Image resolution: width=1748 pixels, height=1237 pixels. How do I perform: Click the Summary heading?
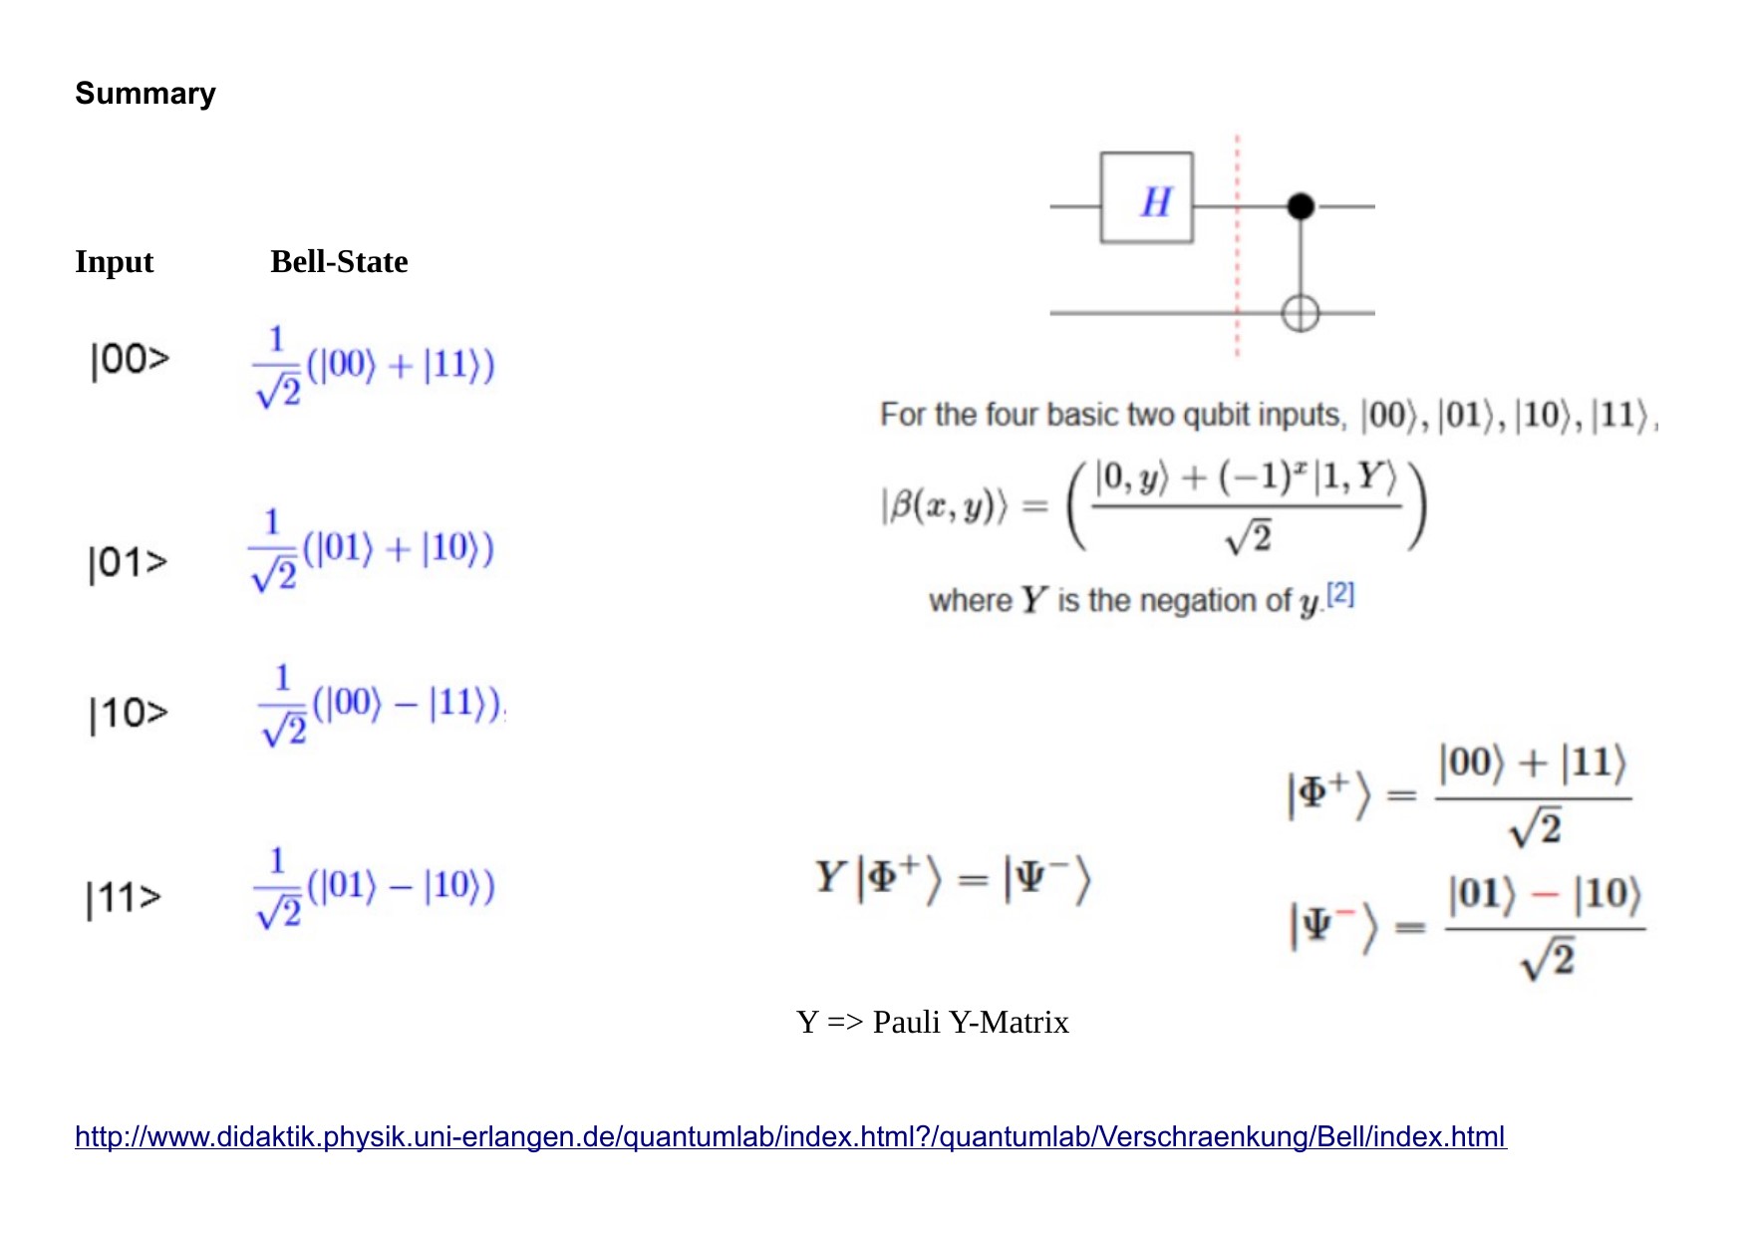pos(146,94)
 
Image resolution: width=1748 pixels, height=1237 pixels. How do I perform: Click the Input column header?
pos(115,262)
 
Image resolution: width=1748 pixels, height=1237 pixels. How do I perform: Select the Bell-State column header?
pos(339,262)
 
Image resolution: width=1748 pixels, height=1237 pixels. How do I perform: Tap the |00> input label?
pos(130,360)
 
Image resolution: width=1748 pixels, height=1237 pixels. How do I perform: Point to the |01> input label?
pos(128,563)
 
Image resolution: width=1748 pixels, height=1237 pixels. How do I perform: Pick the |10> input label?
pos(129,714)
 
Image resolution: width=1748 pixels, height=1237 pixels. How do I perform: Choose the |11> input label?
pos(125,898)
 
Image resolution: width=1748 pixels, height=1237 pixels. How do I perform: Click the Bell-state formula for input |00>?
pos(375,367)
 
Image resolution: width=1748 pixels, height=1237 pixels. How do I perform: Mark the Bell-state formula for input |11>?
pos(375,887)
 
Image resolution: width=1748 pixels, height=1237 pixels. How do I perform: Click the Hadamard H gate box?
pos(1146,198)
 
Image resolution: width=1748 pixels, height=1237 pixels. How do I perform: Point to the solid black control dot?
pos(1301,206)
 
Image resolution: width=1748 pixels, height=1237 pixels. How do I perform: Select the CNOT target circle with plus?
pos(1300,313)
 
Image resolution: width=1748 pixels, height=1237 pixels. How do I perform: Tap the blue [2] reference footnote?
pos(1340,594)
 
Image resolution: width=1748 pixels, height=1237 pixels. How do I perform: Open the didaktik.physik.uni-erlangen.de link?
pos(790,1136)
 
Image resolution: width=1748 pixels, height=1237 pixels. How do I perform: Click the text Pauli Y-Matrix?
pos(970,1023)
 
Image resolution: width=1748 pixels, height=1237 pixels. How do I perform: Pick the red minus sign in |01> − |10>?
pos(1544,894)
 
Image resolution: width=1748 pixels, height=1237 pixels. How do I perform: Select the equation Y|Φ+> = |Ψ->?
pos(953,879)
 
